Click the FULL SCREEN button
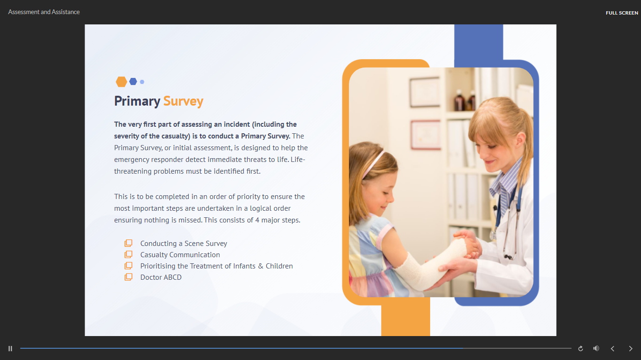622,13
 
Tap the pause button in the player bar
10,349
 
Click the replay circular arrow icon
580,349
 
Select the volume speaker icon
596,348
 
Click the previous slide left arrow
612,349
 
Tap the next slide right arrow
631,349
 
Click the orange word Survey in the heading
183,101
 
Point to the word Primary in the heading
137,101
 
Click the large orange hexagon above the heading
121,82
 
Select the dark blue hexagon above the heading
133,82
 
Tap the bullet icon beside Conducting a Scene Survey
128,243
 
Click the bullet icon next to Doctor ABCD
128,277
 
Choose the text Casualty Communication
180,255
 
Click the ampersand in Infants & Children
261,266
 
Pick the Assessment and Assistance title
44,12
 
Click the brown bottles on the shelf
464,100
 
